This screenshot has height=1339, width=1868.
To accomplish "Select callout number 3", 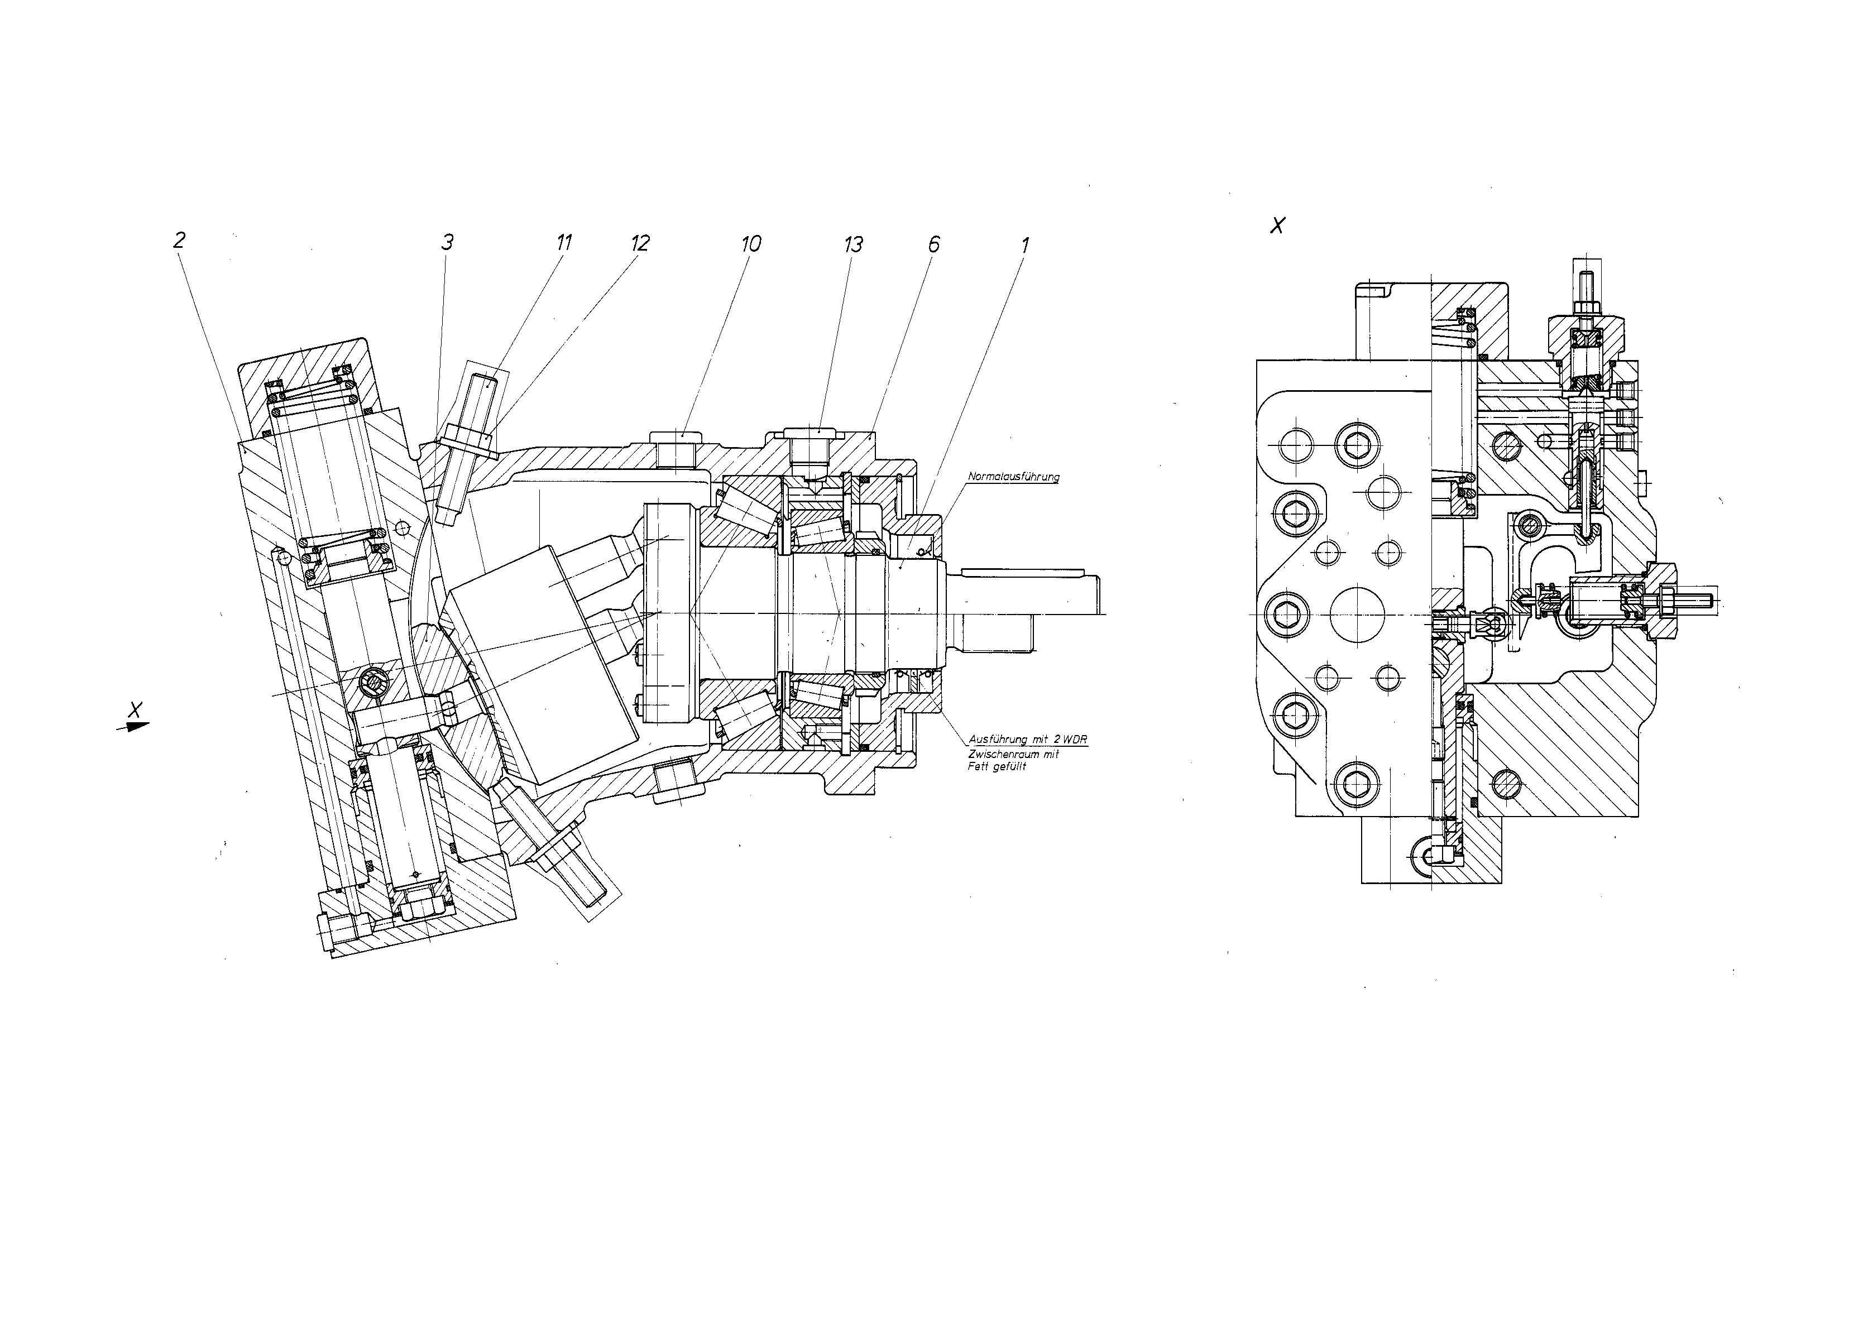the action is point(447,242).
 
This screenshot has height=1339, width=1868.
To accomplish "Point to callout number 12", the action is point(640,243).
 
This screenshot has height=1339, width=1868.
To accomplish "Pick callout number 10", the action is point(750,244).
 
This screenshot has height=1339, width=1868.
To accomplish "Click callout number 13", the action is point(852,244).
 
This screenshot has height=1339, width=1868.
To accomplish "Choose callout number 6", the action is point(933,244).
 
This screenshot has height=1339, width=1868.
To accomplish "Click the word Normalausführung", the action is point(1013,477).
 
